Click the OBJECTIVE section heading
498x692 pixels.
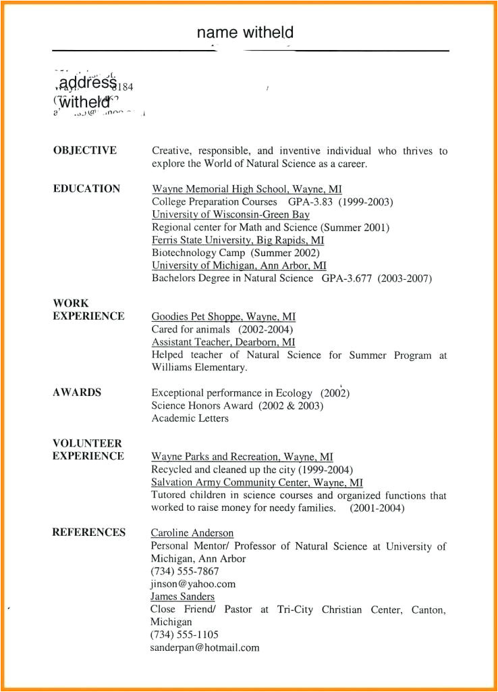[x=84, y=151]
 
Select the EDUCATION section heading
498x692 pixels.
[x=86, y=189]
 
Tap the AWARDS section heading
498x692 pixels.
[x=77, y=393]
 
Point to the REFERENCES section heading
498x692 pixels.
[x=88, y=533]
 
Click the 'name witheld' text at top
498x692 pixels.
[x=245, y=32]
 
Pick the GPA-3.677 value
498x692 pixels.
[x=346, y=278]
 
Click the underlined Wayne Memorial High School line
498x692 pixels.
[x=246, y=189]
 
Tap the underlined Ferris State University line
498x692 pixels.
[x=238, y=241]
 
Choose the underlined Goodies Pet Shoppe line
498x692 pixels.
[x=223, y=316]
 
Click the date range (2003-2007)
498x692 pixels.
[x=404, y=278]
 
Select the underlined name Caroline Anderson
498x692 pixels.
[x=192, y=533]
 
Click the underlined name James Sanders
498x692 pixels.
[x=182, y=597]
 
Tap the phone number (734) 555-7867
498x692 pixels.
[x=185, y=571]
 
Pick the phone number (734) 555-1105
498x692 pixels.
[x=184, y=635]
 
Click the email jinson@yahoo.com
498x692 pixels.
[x=193, y=584]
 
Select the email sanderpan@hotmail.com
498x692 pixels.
[x=204, y=647]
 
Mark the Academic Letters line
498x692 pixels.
[x=190, y=418]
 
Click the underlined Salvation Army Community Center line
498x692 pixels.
[x=256, y=483]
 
